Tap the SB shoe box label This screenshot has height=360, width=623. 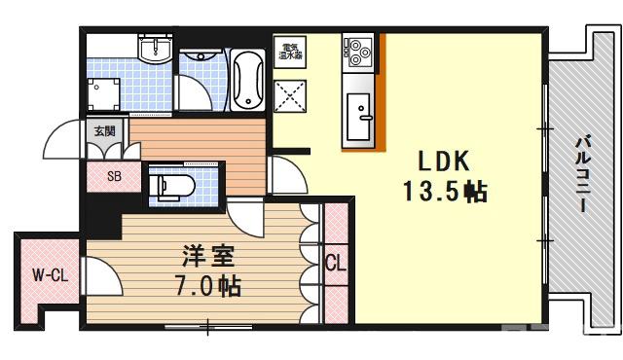[x=113, y=177]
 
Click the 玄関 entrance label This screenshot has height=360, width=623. [x=103, y=130]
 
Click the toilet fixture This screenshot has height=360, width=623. [x=175, y=185]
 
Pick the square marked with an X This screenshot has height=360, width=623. [x=290, y=94]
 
